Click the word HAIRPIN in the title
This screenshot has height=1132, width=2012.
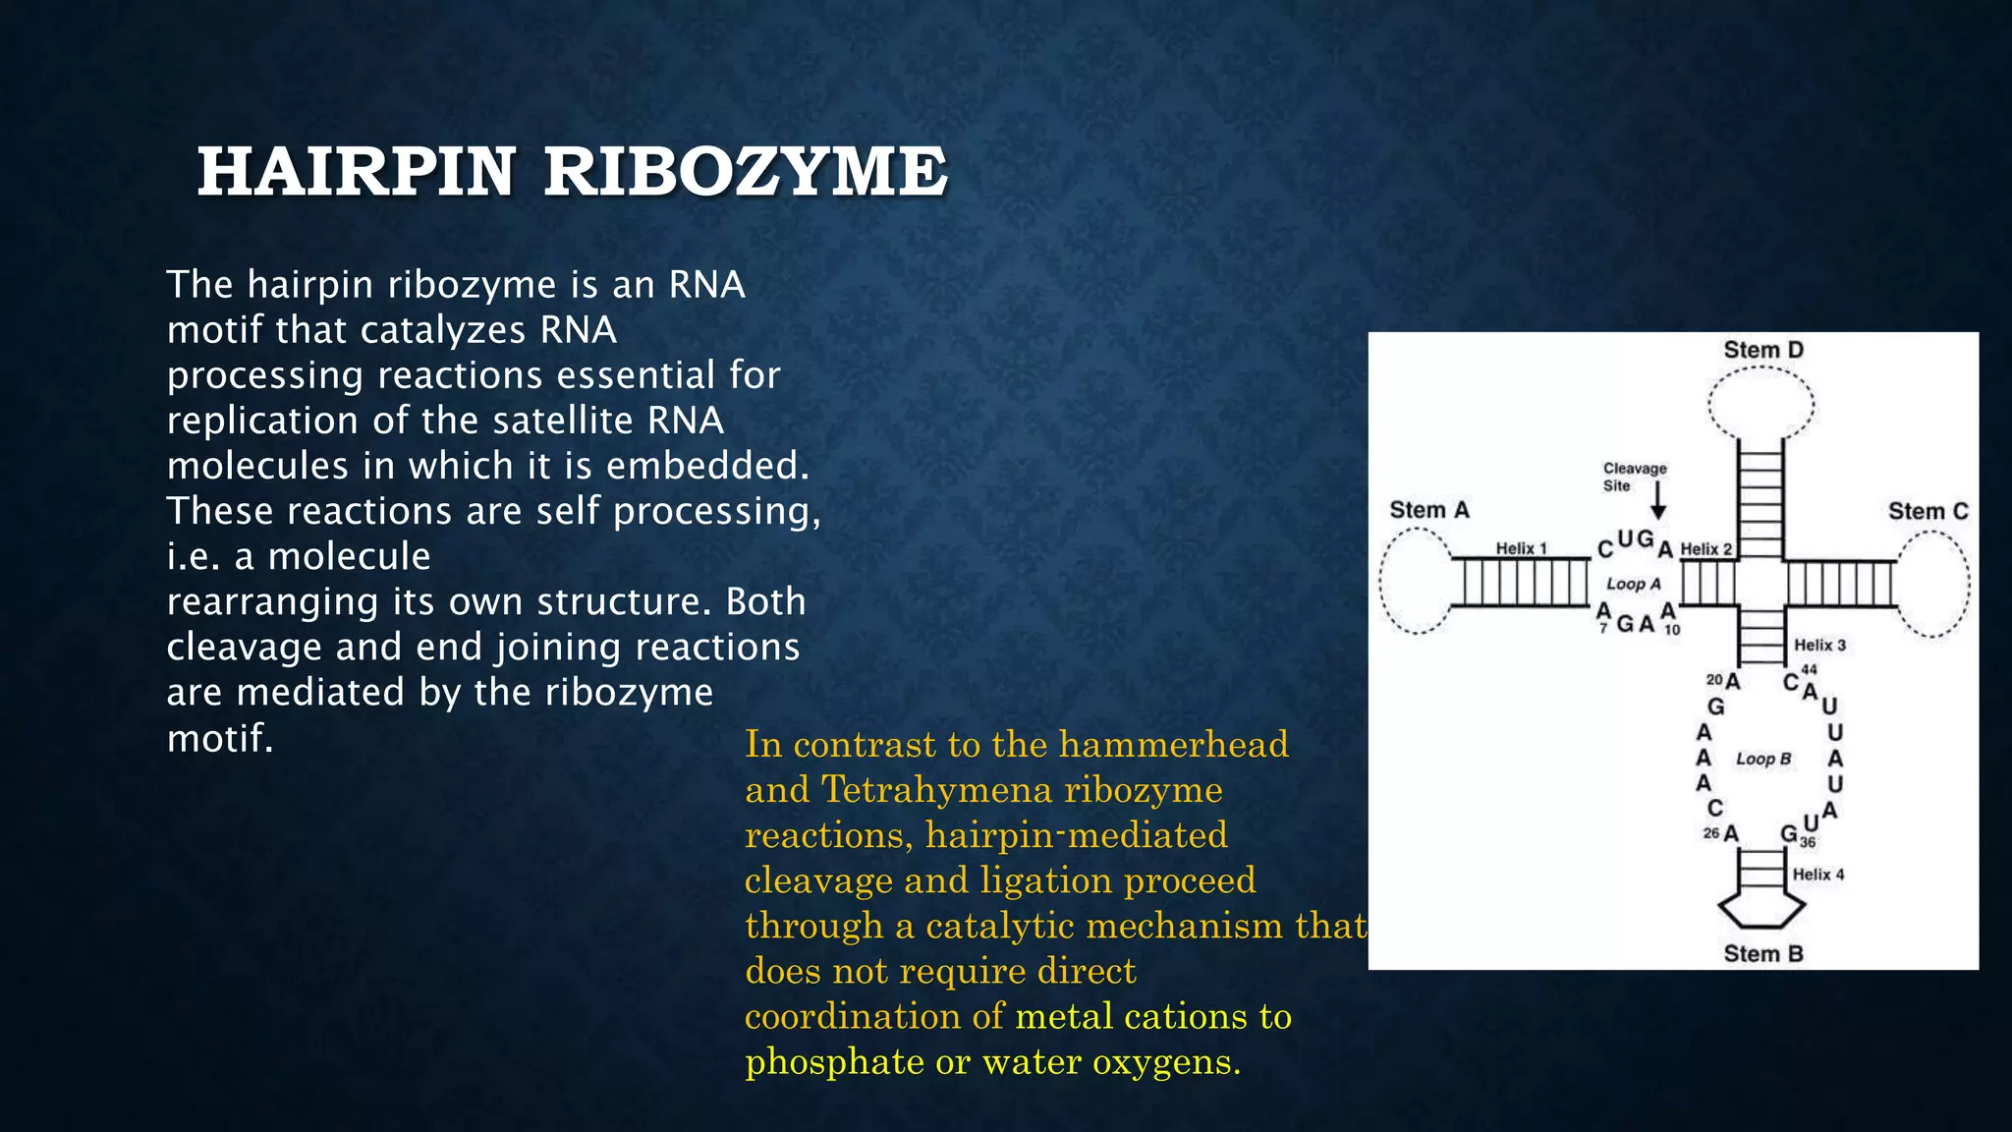pos(356,172)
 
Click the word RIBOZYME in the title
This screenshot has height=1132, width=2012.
pos(746,172)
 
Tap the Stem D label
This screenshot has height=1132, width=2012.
pos(1763,350)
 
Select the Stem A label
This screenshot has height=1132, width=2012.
pos(1428,510)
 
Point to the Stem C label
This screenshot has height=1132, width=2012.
pos(1928,511)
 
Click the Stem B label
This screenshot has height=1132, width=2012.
pos(1763,953)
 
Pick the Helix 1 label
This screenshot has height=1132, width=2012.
pos(1521,548)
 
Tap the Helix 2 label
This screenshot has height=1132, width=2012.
pos(1706,549)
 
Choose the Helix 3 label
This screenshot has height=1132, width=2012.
pos(1819,645)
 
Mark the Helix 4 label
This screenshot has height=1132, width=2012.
pos(1818,874)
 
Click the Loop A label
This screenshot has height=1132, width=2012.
pos(1633,584)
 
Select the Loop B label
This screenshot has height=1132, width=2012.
pos(1763,759)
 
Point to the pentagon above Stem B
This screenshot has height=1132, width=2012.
pos(1760,910)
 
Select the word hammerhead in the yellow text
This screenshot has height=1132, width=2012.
pos(1173,745)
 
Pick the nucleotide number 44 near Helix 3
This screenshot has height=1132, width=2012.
pos(1809,669)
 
